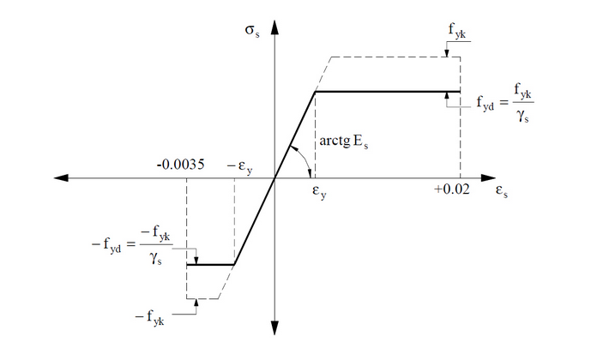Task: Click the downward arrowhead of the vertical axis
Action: tap(274, 329)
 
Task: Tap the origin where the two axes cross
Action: tap(274, 177)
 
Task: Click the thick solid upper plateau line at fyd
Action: tap(386, 91)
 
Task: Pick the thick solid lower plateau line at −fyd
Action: tap(210, 265)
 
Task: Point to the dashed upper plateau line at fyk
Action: tap(395, 57)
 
